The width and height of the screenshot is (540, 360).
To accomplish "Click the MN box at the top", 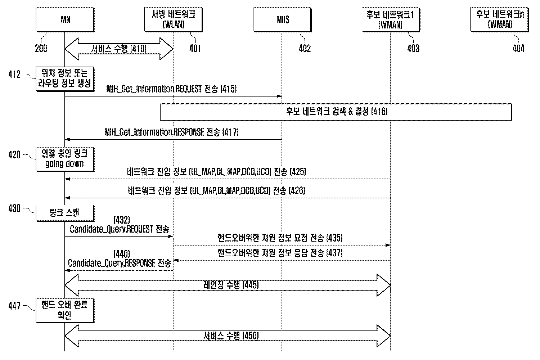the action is coord(65,19).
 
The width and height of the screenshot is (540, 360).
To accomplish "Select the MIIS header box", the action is coord(282,19).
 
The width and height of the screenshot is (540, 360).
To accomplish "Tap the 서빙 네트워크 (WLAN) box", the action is coord(173,19).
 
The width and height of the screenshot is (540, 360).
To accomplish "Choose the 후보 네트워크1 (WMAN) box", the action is coord(391,19).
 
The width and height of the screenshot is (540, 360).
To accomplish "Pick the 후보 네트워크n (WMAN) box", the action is coord(499,19).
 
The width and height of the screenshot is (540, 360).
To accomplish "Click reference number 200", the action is coord(41,49).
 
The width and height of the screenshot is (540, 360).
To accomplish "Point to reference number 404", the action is coord(518,49).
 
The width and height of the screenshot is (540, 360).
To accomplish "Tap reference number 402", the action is coord(305,49).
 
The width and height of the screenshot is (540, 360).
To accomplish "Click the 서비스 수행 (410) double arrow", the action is coord(119,49).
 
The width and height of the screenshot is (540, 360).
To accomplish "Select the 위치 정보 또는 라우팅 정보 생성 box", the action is coord(65,79).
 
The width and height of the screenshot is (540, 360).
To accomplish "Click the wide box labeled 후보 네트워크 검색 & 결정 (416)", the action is coord(336,112).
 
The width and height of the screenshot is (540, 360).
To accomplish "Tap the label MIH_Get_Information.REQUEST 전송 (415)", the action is coord(171,89).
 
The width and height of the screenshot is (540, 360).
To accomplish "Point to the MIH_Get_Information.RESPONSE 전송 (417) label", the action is coord(171,132).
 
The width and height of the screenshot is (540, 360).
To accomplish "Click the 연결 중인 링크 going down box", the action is coord(65,159).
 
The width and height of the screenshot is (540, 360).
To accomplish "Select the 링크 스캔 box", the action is coord(65,213).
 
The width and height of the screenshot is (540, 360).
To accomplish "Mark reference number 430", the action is coord(14,208).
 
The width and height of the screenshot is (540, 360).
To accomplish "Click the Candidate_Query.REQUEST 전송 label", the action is coord(120,229).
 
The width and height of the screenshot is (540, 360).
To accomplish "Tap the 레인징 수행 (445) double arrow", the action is coord(228,285).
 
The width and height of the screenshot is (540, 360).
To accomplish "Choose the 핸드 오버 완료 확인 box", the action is coord(65,311).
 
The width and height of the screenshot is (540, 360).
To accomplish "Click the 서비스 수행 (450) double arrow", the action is coord(228,336).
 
